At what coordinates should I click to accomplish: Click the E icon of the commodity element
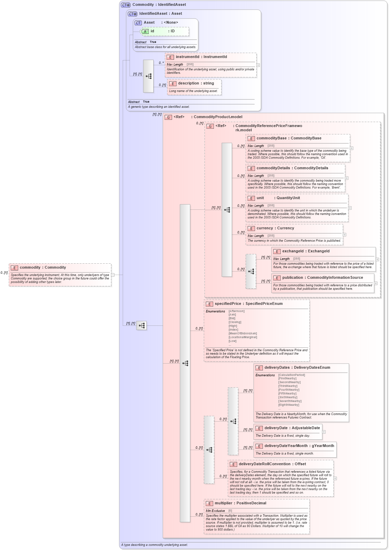(x=14, y=268)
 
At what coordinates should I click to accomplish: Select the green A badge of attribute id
(x=145, y=32)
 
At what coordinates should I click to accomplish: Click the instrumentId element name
(x=187, y=57)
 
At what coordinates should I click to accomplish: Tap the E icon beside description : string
(x=173, y=83)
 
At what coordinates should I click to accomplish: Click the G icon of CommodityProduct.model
(x=168, y=117)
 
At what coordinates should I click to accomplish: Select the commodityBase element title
(x=289, y=138)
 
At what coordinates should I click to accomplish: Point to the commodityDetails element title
(x=292, y=168)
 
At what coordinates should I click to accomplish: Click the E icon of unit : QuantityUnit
(x=251, y=198)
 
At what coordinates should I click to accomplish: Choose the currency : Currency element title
(x=275, y=228)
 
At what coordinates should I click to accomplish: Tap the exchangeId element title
(x=306, y=251)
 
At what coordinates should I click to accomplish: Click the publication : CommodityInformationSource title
(x=322, y=278)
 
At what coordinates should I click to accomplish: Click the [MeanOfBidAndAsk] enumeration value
(x=243, y=333)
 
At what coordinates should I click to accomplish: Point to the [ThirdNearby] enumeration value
(x=288, y=386)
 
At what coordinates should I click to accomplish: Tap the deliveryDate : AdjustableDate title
(x=292, y=428)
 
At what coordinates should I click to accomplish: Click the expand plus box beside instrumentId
(x=258, y=65)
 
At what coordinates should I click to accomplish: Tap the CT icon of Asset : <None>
(x=138, y=23)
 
